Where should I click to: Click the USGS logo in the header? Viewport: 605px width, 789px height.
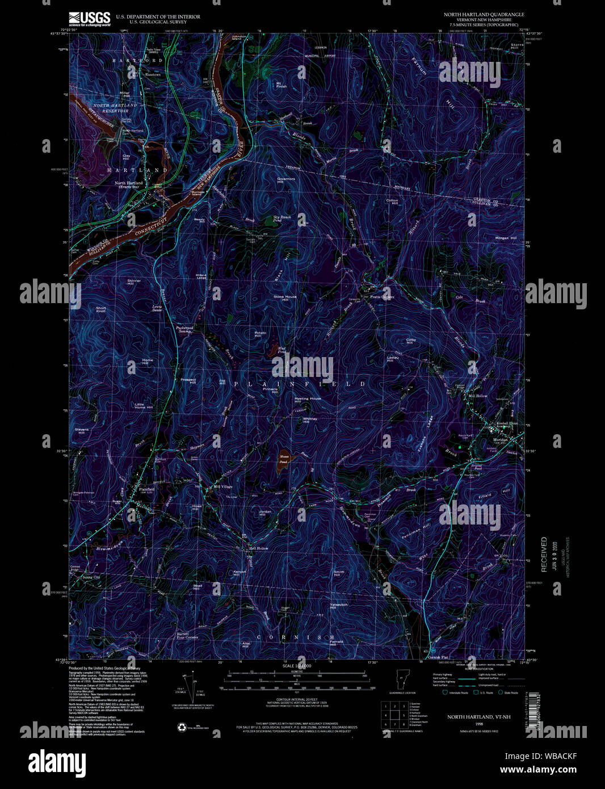pos(89,19)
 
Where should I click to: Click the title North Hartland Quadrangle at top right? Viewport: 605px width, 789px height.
pos(484,14)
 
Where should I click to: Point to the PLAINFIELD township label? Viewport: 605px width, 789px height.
pos(300,384)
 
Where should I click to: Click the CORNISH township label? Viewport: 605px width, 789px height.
pos(296,637)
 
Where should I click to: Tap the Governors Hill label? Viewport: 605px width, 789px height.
pos(286,181)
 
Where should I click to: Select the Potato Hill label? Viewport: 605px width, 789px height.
pos(260,335)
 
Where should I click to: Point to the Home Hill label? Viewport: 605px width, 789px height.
pos(148,362)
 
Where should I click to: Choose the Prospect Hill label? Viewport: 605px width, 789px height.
pos(188,381)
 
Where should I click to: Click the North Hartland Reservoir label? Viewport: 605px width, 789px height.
pos(115,108)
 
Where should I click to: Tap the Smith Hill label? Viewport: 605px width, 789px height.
pos(339,573)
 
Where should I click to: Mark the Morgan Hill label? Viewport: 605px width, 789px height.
pos(506,238)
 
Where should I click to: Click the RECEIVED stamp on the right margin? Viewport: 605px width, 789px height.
pos(544,554)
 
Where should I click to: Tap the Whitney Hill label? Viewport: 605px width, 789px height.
pos(306,420)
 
